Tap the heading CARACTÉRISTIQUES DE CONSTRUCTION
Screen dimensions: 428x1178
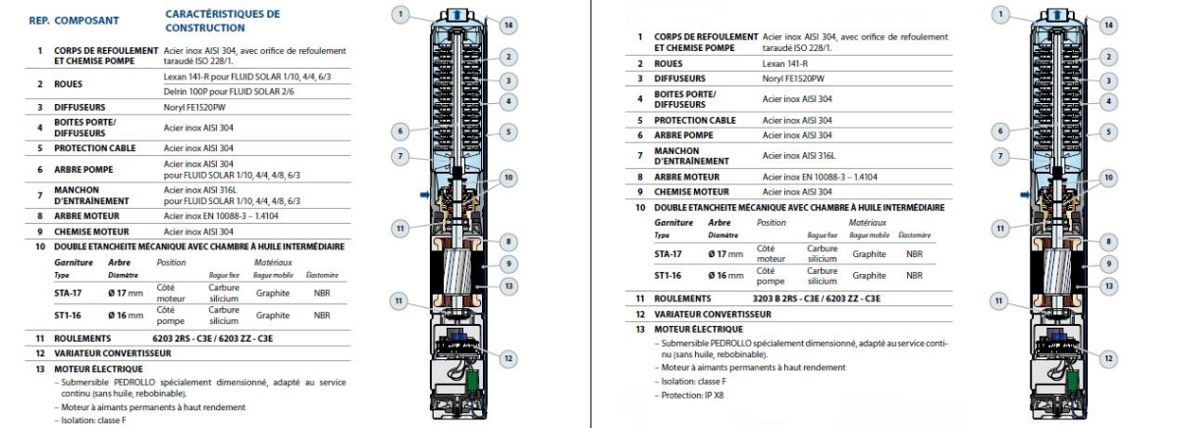(x=222, y=21)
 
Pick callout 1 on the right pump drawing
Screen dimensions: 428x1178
(x=1000, y=14)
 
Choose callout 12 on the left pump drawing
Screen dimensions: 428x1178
(x=508, y=358)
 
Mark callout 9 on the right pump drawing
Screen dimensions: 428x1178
(x=1107, y=264)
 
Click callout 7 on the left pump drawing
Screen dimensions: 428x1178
(x=400, y=155)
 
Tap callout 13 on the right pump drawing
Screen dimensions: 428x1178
(x=1107, y=286)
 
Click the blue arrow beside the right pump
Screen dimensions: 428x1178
(x=1024, y=195)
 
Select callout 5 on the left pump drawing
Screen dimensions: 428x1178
(x=509, y=132)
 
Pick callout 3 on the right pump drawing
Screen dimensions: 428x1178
(x=1107, y=80)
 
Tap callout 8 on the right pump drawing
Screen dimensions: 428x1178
(x=1107, y=241)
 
